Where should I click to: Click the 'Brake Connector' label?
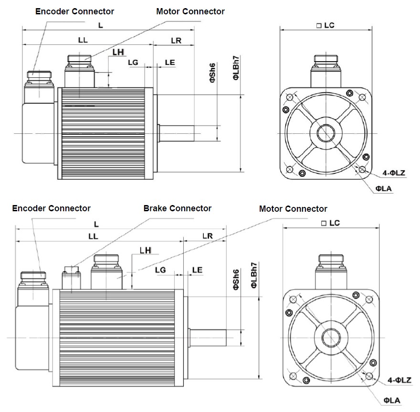[x=177, y=208]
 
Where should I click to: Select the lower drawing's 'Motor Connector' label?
[x=293, y=209]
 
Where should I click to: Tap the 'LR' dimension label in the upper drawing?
[x=176, y=41]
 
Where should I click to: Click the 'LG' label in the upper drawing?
[x=133, y=62]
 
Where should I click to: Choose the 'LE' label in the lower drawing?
[x=197, y=270]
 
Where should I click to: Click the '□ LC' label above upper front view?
[x=325, y=25]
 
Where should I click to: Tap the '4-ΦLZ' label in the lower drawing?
[x=399, y=380]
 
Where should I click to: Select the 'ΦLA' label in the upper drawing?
[x=384, y=189]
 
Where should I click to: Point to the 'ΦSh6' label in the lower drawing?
[x=235, y=280]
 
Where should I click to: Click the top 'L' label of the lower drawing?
[x=96, y=224]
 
